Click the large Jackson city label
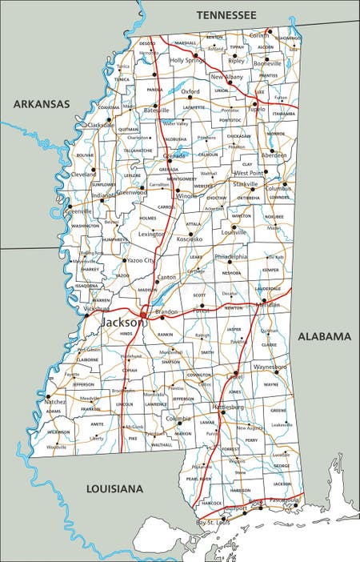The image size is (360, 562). tap(124, 322)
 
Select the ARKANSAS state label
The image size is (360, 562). tap(41, 103)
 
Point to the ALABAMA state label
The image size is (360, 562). tap(323, 336)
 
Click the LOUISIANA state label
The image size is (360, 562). tap(114, 488)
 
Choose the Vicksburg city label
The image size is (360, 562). tap(97, 308)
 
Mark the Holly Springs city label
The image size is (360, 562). tap(187, 60)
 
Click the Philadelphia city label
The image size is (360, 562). tap(230, 257)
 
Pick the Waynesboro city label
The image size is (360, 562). tap(270, 366)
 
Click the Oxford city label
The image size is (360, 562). tap(190, 92)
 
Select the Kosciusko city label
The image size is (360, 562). tap(190, 239)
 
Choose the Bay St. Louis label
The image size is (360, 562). tap(214, 522)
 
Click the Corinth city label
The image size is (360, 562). tap(259, 35)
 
